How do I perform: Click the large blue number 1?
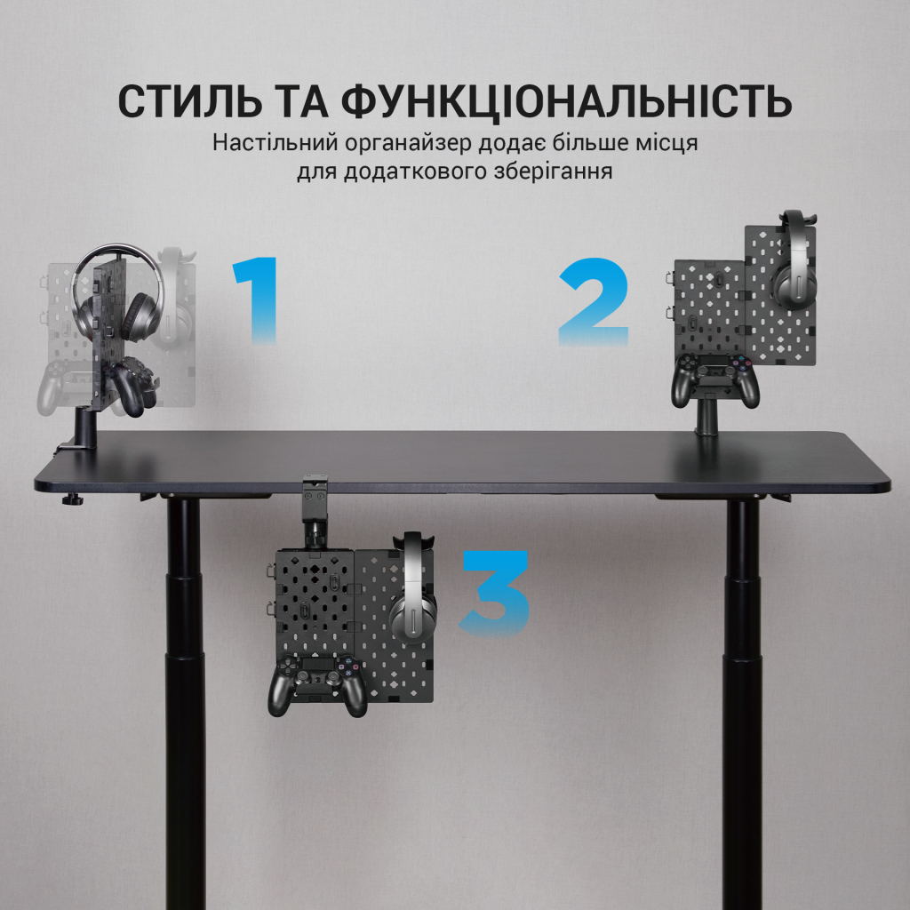click(257, 301)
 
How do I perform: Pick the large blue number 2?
click(594, 303)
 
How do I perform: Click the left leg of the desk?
click(185, 693)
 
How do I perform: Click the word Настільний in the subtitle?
click(263, 143)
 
